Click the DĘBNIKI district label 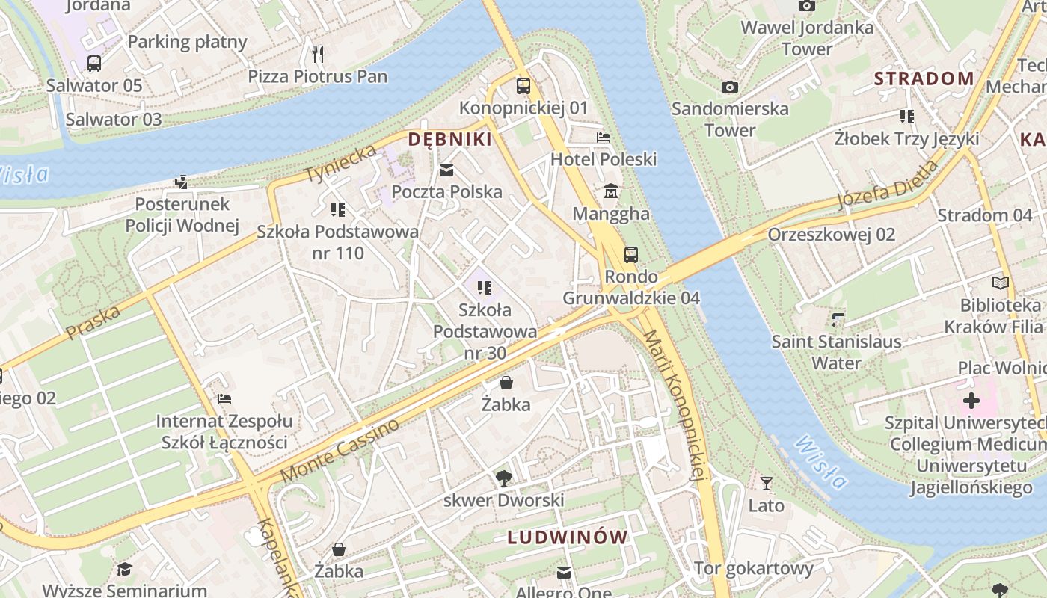(x=449, y=139)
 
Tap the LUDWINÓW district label (x=568, y=537)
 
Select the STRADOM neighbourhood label (x=924, y=78)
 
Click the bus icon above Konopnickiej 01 (x=523, y=85)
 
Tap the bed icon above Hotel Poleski (x=604, y=138)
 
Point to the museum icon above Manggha (x=611, y=192)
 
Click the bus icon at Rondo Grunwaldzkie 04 (x=631, y=255)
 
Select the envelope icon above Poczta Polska (x=446, y=170)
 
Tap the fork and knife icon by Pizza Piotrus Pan (x=318, y=54)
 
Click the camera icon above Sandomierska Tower (x=730, y=87)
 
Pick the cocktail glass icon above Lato (x=766, y=484)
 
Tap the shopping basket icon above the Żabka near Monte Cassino (x=506, y=383)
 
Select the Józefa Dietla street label (x=887, y=185)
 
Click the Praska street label (x=93, y=321)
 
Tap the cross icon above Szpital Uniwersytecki (x=971, y=401)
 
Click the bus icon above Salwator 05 (x=94, y=64)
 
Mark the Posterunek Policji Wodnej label (x=182, y=215)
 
